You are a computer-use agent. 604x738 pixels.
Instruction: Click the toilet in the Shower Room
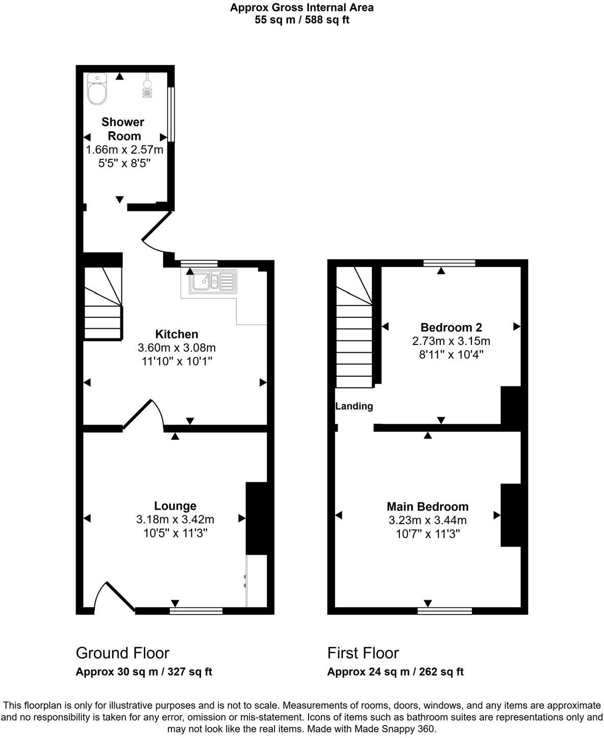coord(97,89)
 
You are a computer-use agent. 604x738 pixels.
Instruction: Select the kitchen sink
coord(213,281)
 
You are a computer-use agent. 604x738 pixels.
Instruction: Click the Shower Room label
coord(123,129)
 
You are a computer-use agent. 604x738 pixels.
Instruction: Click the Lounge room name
coord(175,506)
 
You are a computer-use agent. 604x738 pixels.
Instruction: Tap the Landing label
coord(354,406)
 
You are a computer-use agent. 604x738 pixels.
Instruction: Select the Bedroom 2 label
coord(451,327)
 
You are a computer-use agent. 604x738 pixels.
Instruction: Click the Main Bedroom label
coord(427,506)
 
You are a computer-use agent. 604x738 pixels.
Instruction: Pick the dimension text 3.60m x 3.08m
coord(177,348)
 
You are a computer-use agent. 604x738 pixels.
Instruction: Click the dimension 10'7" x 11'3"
coord(427,534)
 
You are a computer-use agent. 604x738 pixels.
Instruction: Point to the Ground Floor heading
coord(122,653)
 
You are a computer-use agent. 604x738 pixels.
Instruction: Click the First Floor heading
coord(363,653)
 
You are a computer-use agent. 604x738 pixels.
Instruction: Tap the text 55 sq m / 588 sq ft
coord(302,20)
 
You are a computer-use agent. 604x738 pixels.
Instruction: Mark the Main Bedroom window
coord(444,610)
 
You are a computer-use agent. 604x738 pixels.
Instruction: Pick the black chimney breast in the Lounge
coord(257,518)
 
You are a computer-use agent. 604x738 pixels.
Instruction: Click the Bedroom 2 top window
coord(449,263)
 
